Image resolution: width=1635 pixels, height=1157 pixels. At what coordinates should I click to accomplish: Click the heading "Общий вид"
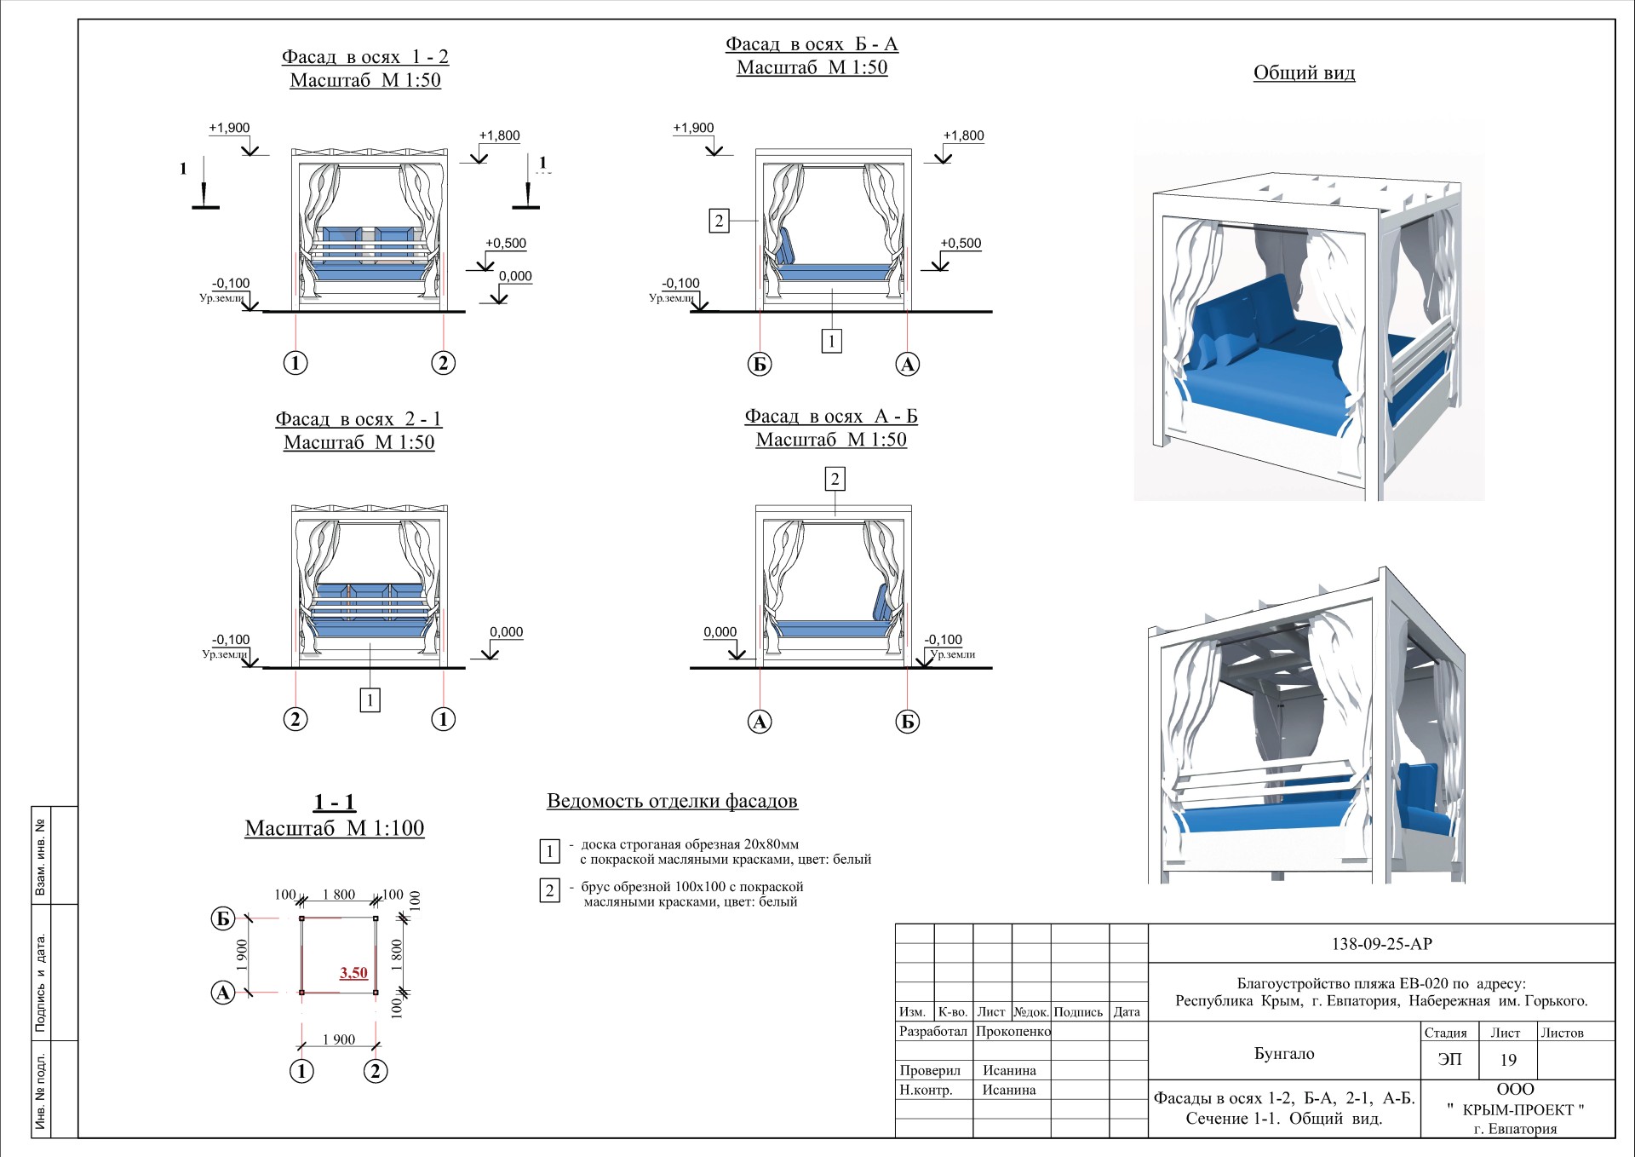coord(1304,73)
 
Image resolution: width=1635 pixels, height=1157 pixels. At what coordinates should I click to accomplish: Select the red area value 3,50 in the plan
coord(353,973)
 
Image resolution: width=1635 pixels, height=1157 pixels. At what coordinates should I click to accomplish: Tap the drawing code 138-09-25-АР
coord(1381,944)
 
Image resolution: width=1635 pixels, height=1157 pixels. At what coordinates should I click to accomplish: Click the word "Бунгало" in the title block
coord(1284,1054)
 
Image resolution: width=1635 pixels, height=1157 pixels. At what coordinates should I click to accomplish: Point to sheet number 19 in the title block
coord(1508,1060)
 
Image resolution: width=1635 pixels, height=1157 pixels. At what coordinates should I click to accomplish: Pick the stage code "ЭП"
coord(1449,1059)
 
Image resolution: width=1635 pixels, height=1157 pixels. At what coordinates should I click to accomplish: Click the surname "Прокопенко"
coord(1013,1031)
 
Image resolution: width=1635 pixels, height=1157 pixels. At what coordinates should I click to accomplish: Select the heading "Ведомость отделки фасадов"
coord(672,801)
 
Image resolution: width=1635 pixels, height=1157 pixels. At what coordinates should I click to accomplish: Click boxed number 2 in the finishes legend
coord(549,891)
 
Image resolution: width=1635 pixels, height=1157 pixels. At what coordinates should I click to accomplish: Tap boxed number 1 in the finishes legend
coord(549,850)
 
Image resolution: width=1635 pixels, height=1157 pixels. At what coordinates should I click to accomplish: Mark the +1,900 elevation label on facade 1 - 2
coord(229,128)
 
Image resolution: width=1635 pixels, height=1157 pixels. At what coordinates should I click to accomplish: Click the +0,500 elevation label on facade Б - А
coord(961,243)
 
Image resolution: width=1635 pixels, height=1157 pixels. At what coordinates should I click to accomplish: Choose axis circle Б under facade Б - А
coord(760,365)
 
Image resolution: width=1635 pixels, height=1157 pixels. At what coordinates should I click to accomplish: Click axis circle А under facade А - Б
coord(760,722)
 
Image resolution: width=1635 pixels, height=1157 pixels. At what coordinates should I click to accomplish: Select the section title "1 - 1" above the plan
coord(335,802)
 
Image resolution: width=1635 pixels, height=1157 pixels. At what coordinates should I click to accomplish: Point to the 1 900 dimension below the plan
coord(339,1039)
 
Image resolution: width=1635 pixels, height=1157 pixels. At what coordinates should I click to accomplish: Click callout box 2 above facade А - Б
coord(835,479)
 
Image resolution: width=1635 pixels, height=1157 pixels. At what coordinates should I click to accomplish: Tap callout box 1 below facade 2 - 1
coord(370,700)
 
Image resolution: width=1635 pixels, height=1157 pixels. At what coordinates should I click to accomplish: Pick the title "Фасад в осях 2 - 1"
coord(359,419)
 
